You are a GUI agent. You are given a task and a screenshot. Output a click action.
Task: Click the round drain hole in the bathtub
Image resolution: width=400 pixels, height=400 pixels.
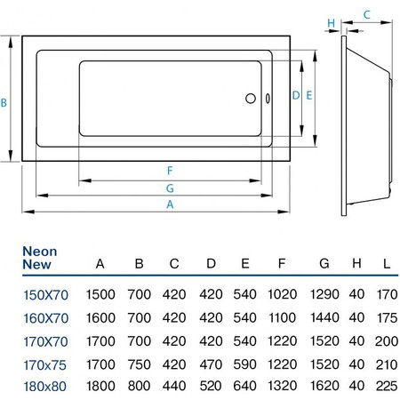[251, 99]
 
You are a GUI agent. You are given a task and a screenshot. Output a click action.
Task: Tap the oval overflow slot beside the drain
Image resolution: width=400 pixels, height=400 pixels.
[268, 99]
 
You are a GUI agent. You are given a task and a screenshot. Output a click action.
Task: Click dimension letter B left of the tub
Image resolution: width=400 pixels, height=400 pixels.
[4, 103]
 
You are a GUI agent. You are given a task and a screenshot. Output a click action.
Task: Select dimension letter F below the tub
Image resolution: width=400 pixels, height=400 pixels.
[170, 171]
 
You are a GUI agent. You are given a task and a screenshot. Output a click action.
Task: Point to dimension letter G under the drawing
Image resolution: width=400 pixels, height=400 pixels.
[170, 188]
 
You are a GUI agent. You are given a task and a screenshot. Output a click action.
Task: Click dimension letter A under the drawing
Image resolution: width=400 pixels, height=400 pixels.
[170, 204]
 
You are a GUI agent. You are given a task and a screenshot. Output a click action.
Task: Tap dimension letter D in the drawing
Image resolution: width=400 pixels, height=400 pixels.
[296, 95]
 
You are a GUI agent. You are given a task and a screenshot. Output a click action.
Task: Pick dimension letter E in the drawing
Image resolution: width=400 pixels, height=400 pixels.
[309, 95]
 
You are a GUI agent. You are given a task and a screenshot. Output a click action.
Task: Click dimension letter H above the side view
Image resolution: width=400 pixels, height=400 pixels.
[331, 23]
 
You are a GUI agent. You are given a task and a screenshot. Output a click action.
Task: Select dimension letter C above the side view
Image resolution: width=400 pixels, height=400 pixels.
[367, 15]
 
